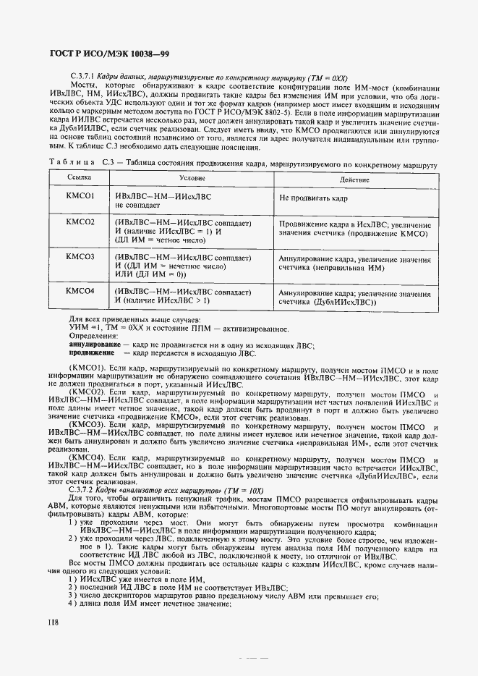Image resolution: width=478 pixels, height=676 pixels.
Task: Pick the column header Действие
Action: point(354,179)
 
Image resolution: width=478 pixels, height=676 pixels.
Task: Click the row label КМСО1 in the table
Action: point(80,195)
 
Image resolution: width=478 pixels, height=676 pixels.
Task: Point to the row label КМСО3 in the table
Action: point(80,256)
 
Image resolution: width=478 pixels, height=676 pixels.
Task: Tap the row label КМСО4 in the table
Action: point(80,291)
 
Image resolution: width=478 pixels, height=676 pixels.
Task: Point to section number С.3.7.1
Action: point(82,76)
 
